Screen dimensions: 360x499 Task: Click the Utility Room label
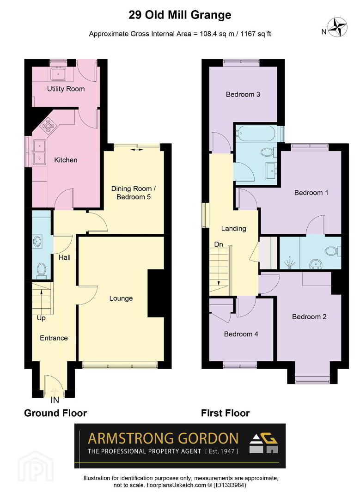pos(66,89)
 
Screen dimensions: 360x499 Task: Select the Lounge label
pos(121,298)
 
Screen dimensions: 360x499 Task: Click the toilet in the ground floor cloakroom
pos(42,270)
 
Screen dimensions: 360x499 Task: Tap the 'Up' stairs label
pos(41,318)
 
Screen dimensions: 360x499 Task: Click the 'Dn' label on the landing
pos(218,244)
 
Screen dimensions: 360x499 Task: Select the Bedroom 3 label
pos(243,95)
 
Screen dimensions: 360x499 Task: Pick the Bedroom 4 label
pos(241,334)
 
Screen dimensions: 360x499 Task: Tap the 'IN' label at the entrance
pos(55,400)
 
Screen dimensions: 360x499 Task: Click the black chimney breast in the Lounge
pos(156,293)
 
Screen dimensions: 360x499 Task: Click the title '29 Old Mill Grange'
pos(180,15)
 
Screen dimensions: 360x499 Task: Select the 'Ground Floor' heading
pos(55,413)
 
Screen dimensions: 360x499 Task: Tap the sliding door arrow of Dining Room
pos(137,149)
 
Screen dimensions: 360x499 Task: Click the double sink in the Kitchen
pos(39,151)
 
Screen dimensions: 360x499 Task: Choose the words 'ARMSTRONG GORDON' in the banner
pos(163,438)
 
